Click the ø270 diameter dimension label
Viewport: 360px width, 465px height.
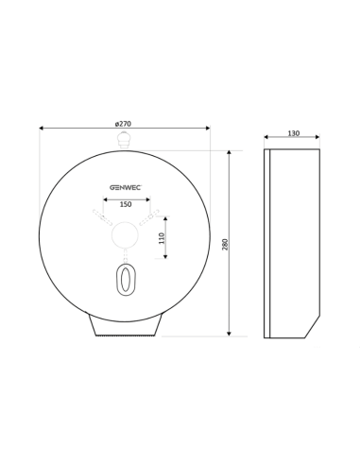point(123,124)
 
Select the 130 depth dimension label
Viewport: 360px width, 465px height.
point(294,133)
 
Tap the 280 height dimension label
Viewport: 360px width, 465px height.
point(225,245)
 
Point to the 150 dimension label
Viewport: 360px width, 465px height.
point(126,204)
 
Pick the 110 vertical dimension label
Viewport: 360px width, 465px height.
point(162,238)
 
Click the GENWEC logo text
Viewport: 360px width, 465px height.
point(126,187)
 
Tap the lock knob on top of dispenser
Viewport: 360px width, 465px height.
point(124,141)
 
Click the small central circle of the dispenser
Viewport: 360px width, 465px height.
point(125,234)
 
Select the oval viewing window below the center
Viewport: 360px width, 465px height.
point(126,279)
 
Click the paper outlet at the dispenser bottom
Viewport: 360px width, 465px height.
point(125,325)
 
